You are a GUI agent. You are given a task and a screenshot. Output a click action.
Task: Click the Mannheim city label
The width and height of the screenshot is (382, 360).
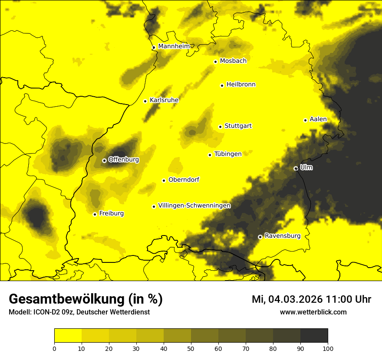(x=174, y=46)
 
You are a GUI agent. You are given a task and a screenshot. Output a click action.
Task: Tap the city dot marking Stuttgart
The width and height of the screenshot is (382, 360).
(x=220, y=127)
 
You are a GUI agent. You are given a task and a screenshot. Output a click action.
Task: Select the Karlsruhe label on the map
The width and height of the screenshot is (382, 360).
(x=164, y=100)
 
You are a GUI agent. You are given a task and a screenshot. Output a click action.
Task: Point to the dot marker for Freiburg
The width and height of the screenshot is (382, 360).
(x=95, y=214)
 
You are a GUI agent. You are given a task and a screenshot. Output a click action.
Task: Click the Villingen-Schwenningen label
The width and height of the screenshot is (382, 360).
(x=194, y=206)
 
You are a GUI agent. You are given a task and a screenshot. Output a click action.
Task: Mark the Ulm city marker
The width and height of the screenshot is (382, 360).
(x=296, y=168)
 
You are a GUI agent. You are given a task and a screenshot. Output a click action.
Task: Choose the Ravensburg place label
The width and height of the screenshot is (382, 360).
(x=282, y=236)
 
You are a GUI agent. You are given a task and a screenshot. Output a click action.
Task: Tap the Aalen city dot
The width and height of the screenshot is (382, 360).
(x=305, y=120)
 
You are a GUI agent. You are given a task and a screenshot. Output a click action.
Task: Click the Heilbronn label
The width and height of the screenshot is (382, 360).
(x=241, y=85)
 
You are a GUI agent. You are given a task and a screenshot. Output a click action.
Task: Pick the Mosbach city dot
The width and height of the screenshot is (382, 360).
(x=215, y=62)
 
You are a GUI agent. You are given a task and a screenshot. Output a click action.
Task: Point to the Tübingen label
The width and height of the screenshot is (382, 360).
(x=227, y=154)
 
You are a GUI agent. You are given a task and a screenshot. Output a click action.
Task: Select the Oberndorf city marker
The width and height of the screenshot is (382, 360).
(x=164, y=180)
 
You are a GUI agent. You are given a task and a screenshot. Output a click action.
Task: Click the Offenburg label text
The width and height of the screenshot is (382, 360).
(x=123, y=160)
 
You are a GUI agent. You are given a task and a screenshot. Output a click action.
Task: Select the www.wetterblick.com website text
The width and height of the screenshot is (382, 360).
(x=313, y=312)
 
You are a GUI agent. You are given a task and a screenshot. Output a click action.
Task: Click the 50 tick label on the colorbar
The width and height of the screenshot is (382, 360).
(x=191, y=348)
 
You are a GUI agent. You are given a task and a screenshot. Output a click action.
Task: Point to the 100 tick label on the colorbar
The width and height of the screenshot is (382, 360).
(x=327, y=348)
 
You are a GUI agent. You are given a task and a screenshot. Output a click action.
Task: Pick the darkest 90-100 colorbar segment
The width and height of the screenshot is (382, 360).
(x=314, y=335)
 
